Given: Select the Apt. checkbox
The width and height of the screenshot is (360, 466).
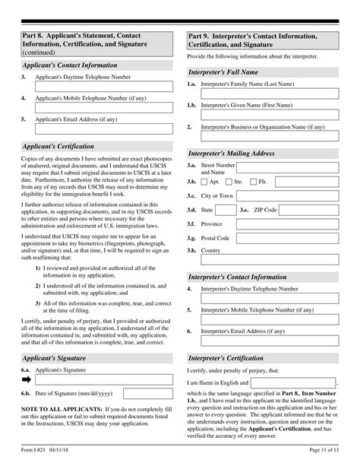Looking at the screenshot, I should coord(204,182).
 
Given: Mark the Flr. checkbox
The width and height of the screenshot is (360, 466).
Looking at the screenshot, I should coord(254,182).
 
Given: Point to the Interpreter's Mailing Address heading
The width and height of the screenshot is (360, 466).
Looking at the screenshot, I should coord(231,153).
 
